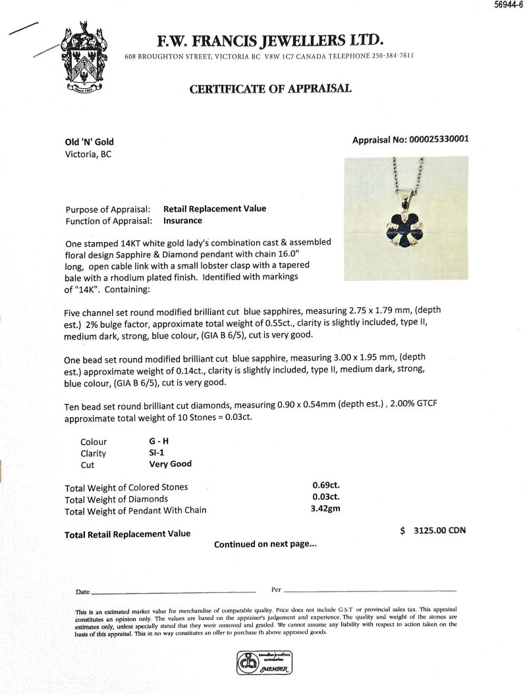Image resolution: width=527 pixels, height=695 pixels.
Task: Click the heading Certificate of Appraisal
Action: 270,89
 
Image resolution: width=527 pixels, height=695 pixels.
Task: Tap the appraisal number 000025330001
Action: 439,140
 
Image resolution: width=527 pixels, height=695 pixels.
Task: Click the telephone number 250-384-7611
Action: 389,55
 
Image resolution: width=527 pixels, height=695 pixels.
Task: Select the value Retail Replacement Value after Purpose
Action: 215,209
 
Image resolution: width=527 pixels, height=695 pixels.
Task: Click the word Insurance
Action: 182,220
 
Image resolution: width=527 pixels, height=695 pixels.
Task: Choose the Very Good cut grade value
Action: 171,464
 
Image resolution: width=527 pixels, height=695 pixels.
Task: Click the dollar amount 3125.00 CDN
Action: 433,531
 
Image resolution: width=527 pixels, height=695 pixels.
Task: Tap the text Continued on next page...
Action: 265,544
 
